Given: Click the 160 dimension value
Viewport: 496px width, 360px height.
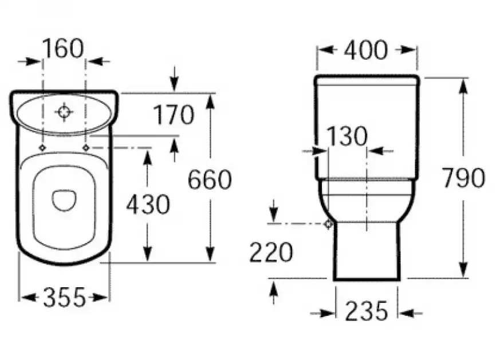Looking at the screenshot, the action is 63,49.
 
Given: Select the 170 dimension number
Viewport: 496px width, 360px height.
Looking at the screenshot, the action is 174,115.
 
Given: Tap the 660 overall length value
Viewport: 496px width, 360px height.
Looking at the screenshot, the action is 210,179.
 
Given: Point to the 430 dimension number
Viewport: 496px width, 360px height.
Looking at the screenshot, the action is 148,204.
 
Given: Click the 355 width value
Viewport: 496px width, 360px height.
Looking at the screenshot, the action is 65,297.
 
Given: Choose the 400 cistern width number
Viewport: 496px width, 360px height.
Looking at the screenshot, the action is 365,50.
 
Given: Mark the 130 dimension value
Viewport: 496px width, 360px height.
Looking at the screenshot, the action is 347,136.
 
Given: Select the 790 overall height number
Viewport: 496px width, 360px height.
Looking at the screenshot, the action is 463,178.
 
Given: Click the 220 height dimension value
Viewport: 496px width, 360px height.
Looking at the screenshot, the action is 271,252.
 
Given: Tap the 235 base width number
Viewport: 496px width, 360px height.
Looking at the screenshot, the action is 367,311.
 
